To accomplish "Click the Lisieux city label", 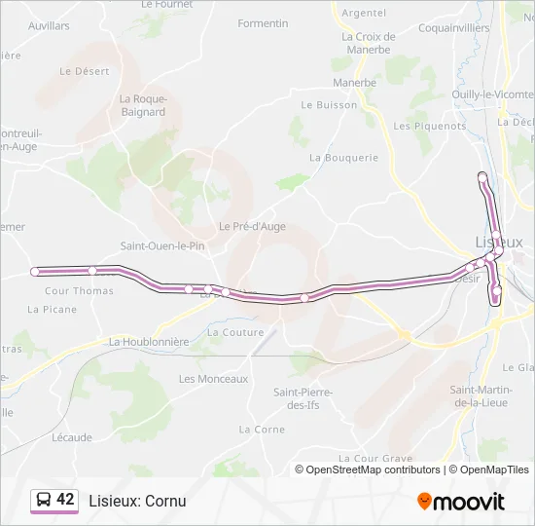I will [x=499, y=242].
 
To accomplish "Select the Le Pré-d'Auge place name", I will [x=252, y=226].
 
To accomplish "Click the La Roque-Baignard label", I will [x=143, y=105].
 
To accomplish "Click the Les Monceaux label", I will [x=213, y=379].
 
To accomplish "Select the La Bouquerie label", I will [x=343, y=157].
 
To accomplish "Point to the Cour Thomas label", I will [x=79, y=291].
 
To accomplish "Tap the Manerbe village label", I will [x=354, y=83].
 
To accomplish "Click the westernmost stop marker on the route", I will [x=35, y=272].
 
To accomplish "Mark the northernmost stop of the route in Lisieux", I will [x=481, y=175].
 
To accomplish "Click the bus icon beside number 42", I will [x=43, y=501].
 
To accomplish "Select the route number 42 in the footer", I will [x=65, y=500].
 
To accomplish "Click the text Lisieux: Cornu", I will [x=137, y=501].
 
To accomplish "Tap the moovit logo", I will [x=461, y=502].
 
